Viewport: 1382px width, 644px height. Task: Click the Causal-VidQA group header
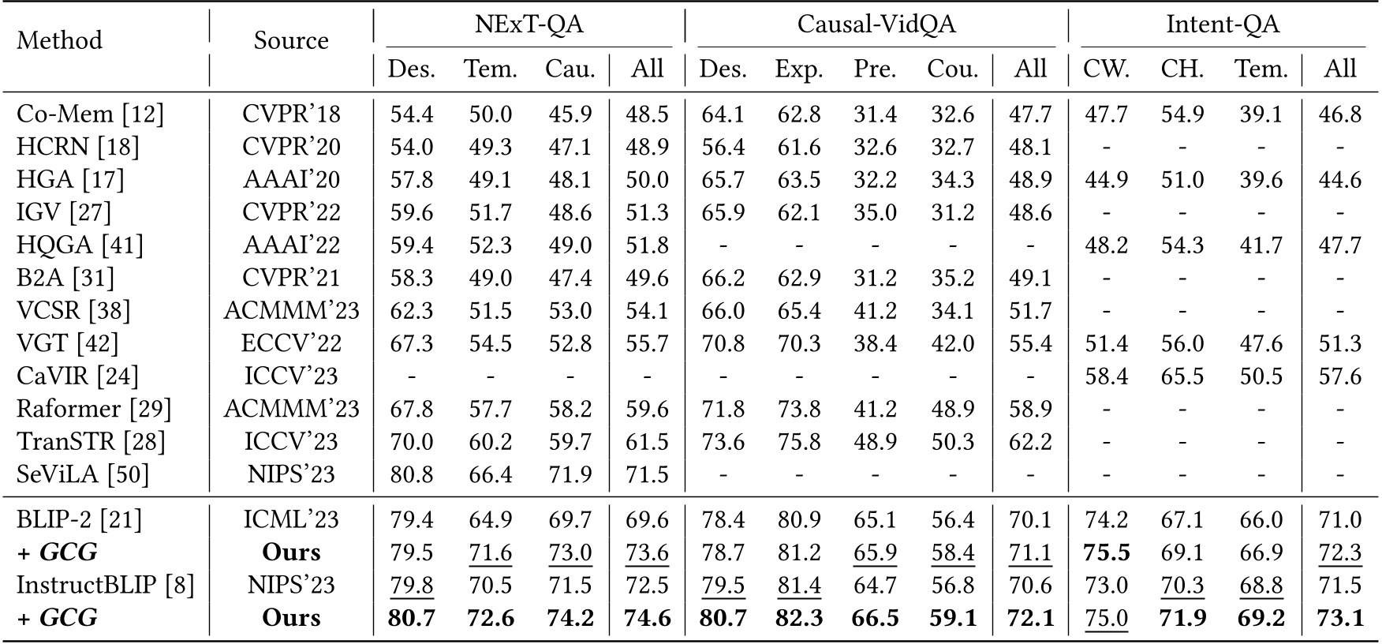pos(876,24)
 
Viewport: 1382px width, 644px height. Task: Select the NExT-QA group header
pos(529,24)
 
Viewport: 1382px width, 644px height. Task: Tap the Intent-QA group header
pos(1222,24)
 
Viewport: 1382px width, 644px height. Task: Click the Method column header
pos(60,39)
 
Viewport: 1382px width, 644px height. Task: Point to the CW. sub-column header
pos(1106,69)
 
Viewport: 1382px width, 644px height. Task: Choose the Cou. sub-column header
pos(952,69)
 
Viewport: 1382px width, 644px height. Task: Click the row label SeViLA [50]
pos(83,474)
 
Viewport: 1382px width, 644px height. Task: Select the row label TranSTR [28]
pos(91,441)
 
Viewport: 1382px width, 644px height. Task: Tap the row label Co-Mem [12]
pos(90,114)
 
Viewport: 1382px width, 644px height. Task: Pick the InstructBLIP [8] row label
pos(105,585)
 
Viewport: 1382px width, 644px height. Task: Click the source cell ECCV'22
pos(291,343)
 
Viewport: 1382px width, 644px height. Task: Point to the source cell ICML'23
pos(291,520)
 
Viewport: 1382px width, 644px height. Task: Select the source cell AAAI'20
pos(291,180)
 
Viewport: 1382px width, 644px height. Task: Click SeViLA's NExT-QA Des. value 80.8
pos(412,474)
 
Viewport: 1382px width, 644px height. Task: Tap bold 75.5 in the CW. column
pos(1106,552)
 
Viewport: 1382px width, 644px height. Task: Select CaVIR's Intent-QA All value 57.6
pos(1339,376)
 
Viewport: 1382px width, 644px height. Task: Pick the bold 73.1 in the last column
pos(1339,617)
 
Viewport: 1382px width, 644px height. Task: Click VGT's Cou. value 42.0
pos(952,343)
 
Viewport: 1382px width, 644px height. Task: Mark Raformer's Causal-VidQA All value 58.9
pos(1029,409)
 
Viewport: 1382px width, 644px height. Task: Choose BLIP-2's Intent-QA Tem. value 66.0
pos(1261,520)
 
